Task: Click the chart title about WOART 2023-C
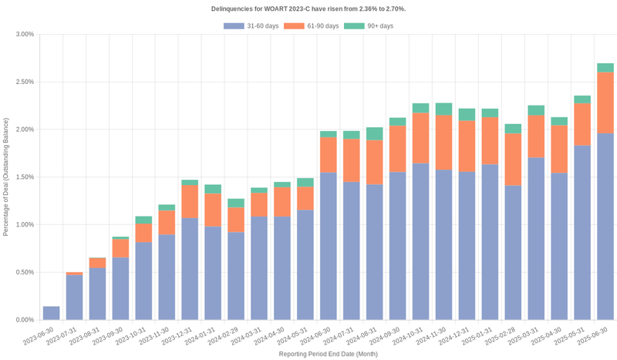(308, 8)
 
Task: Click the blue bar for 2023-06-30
(51, 313)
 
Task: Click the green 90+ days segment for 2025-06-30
(605, 68)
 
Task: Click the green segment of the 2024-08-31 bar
(374, 134)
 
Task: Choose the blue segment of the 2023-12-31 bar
(190, 269)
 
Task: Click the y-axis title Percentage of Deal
(7, 177)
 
